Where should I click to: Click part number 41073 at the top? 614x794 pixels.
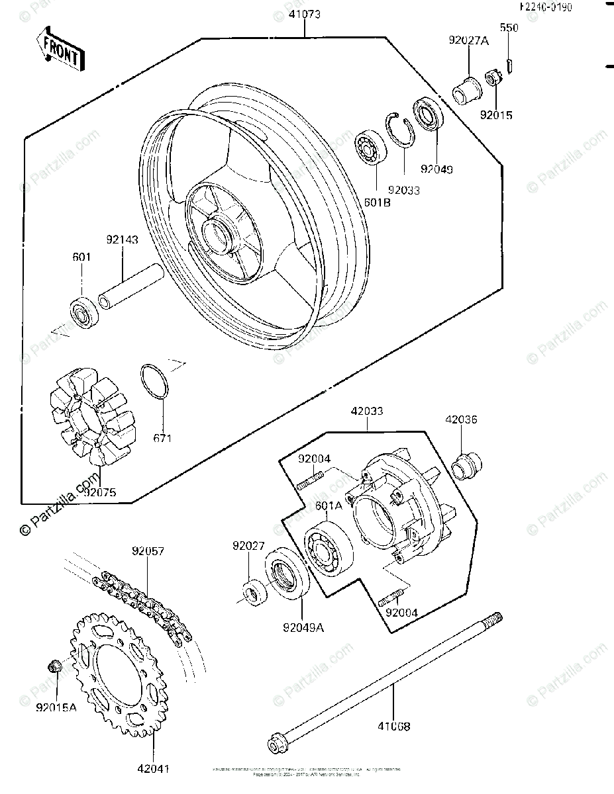[x=304, y=14]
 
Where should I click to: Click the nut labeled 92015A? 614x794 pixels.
[x=56, y=666]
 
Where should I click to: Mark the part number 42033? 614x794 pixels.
[x=367, y=411]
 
